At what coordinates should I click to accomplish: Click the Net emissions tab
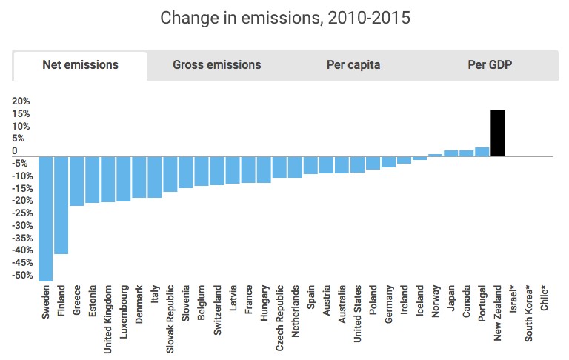[80, 65]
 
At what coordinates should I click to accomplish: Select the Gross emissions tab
[216, 65]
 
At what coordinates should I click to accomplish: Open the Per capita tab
[353, 65]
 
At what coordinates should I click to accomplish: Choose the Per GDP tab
[490, 65]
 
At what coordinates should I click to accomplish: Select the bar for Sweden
[46, 219]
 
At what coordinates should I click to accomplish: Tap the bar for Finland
[61, 205]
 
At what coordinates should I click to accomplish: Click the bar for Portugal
[482, 152]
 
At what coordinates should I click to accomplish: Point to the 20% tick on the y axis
[21, 101]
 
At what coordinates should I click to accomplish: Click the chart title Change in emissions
[284, 17]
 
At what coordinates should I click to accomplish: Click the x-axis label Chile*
[545, 299]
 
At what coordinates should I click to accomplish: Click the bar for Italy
[155, 177]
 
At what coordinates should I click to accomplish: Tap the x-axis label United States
[358, 310]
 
